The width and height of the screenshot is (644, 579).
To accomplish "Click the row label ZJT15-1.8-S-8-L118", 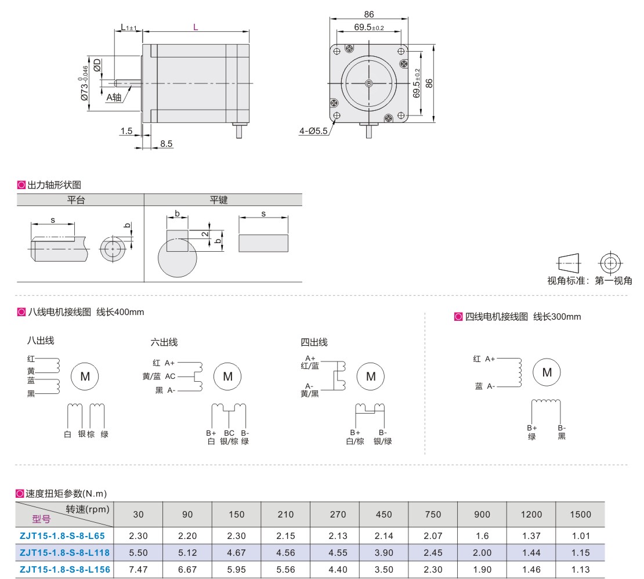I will point(64,553).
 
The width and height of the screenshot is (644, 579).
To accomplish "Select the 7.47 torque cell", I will point(138,570).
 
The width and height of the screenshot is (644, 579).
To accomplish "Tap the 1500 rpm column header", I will point(580,514).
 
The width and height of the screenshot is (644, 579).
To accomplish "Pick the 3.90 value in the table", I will point(383,553).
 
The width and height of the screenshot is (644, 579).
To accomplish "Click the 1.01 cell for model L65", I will point(580,536).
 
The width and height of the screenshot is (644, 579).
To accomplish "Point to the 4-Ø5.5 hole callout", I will point(314,132).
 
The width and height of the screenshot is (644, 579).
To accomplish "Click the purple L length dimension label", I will point(196,27).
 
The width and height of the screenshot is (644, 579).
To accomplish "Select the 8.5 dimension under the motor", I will point(167,143).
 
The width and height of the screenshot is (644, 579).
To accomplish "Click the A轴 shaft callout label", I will point(114,97).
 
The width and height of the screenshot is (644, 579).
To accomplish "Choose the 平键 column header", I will point(218,200).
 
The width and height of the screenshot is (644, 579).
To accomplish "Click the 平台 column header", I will point(77,200).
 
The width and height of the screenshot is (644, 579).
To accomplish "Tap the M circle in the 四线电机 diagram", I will point(547,372).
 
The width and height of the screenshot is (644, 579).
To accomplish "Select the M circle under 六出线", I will point(227,377).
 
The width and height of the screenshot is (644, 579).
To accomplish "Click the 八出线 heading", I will point(41,341).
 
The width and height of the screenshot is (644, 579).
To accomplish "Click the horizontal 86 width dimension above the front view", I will point(369,15).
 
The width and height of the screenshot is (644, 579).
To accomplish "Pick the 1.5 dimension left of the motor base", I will point(127,131).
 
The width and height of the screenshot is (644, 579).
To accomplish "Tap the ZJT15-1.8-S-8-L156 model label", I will point(64,570).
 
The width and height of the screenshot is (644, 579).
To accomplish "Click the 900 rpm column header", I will point(482,514).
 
